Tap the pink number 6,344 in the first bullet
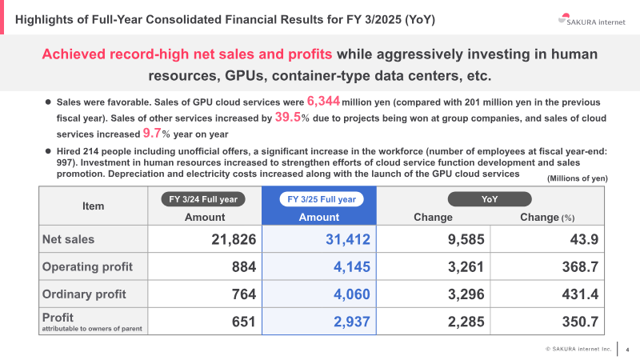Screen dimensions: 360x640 pyautogui.click(x=324, y=102)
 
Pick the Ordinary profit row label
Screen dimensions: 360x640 pyautogui.click(x=84, y=294)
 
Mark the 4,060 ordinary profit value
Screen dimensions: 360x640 pyautogui.click(x=350, y=294)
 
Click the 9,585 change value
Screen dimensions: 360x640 pyautogui.click(x=460, y=239)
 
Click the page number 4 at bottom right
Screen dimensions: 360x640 pyautogui.click(x=627, y=349)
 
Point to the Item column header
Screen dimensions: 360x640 pyautogui.click(x=94, y=206)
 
